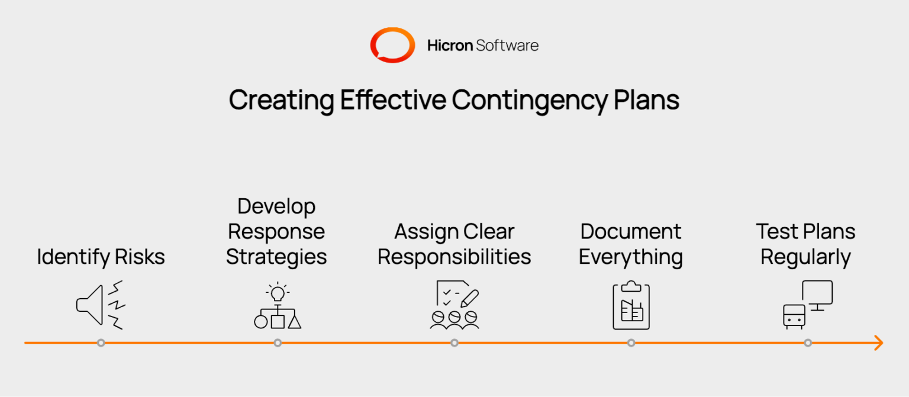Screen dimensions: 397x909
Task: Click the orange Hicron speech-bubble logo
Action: click(392, 45)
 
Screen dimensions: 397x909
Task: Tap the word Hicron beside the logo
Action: click(450, 46)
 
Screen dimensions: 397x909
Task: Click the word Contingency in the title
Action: click(529, 101)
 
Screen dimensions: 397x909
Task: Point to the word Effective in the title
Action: click(392, 100)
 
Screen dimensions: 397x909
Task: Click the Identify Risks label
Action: click(101, 257)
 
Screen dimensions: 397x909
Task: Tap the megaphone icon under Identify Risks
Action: click(100, 305)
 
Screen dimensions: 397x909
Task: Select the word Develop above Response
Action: click(276, 206)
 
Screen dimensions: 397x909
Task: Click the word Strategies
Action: click(276, 257)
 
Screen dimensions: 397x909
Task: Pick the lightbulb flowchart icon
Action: click(277, 306)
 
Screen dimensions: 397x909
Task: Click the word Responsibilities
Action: click(454, 257)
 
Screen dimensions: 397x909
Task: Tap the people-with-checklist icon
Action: click(454, 305)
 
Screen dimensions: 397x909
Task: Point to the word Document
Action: click(631, 231)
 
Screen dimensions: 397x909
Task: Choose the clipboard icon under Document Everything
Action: click(631, 305)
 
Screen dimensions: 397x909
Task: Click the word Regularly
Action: click(805, 257)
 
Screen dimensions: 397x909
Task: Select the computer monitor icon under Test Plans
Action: click(817, 295)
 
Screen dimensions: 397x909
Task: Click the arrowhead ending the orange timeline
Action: click(878, 343)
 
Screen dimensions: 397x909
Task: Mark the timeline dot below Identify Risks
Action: click(101, 343)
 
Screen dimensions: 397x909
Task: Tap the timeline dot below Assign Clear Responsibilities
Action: click(454, 343)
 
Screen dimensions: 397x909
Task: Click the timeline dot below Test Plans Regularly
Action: click(808, 343)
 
